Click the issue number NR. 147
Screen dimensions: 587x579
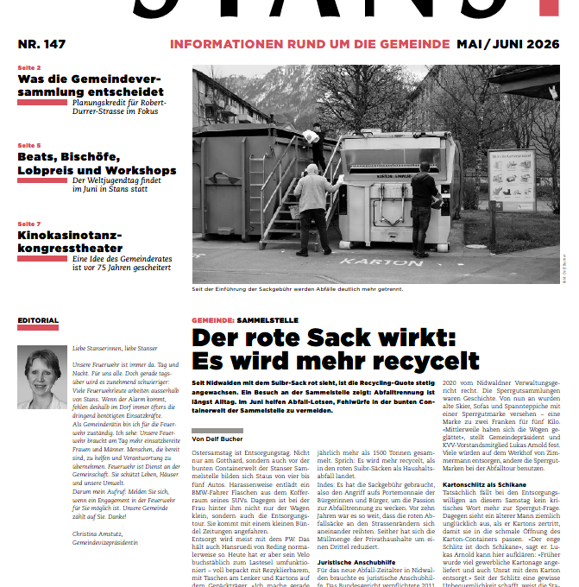pos(41,43)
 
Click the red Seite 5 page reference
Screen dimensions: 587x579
pos(28,146)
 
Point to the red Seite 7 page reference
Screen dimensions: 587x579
pos(28,224)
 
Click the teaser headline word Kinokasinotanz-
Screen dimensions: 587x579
pos(70,235)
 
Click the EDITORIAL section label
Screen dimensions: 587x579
pos(38,321)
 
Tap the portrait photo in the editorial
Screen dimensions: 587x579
pos(41,377)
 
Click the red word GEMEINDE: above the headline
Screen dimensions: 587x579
pos(212,319)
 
